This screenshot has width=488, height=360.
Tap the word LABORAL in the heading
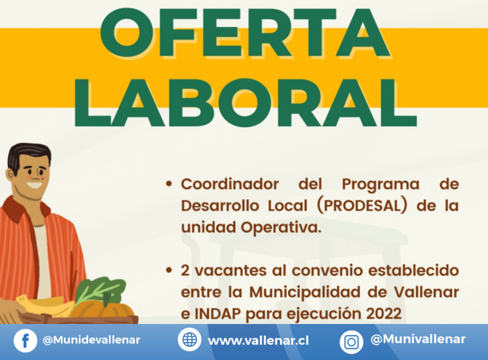tap(245, 102)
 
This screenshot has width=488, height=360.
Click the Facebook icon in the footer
tap(26, 341)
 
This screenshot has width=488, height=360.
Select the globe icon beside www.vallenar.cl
tap(189, 339)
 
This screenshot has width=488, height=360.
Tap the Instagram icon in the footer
tap(351, 342)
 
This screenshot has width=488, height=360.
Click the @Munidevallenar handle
tap(91, 340)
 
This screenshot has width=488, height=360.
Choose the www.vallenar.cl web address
tap(259, 341)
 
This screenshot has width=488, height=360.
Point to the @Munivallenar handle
tap(418, 339)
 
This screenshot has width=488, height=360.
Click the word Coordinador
tap(229, 184)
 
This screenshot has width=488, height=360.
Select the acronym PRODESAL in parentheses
tap(363, 206)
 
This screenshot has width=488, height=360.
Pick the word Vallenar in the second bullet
tap(426, 292)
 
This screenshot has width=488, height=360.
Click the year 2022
tap(383, 314)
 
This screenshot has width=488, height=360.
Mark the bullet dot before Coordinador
tap(169, 184)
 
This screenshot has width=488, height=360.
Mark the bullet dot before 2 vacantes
tap(169, 271)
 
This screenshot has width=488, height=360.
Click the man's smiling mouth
tap(34, 185)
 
